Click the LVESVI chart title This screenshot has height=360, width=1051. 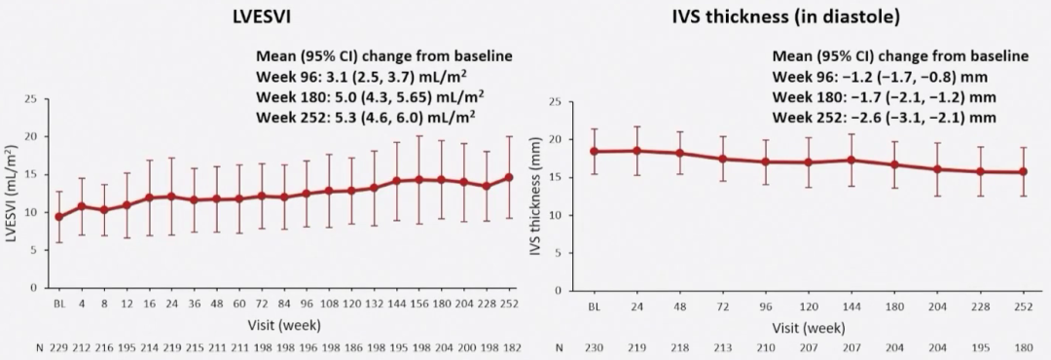click(x=262, y=18)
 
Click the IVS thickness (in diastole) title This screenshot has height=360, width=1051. click(x=786, y=18)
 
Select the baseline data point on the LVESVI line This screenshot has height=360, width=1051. click(x=59, y=217)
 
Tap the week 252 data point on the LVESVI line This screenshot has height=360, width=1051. click(x=509, y=177)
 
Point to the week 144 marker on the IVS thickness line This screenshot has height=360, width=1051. click(x=852, y=161)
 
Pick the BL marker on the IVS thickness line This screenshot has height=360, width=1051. click(x=594, y=152)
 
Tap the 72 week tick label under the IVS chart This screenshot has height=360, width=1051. click(x=722, y=307)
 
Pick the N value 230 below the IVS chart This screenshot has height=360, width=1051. click(x=594, y=348)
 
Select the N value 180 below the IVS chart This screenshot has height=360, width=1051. click(x=1024, y=348)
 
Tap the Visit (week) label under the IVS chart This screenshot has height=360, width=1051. click(x=809, y=329)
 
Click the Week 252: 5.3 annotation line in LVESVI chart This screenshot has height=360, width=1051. click(x=366, y=117)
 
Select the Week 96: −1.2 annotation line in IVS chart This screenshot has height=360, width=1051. click(x=880, y=76)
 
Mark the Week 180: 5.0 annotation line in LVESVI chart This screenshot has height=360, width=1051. click(x=370, y=96)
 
